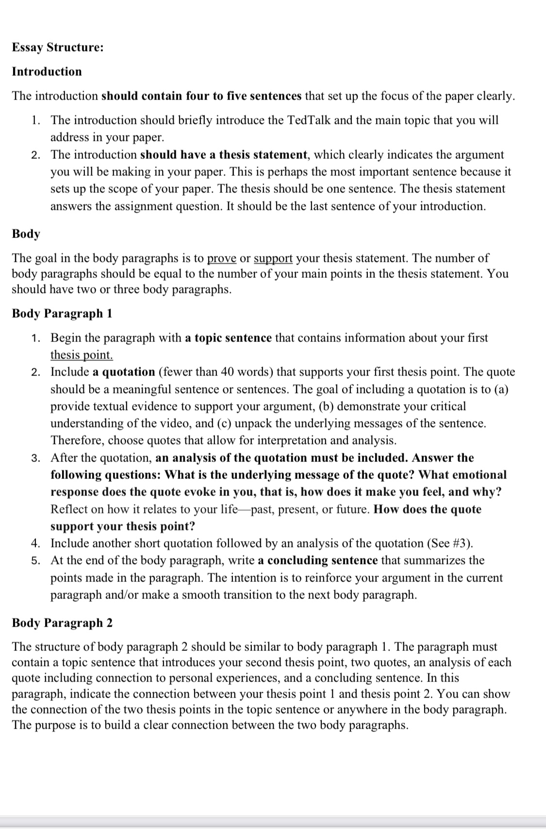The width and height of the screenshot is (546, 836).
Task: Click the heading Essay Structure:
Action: click(57, 48)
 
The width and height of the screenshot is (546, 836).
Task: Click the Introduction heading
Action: click(47, 72)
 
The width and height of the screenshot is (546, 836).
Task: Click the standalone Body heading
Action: click(26, 234)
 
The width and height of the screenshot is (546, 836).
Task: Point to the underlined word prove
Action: click(222, 258)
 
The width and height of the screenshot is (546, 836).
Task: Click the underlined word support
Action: click(273, 258)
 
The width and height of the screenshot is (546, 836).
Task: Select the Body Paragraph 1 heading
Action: click(62, 314)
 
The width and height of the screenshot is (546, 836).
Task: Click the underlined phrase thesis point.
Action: click(82, 355)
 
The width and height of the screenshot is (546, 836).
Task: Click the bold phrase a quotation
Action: click(123, 373)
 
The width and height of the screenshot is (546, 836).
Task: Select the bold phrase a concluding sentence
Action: click(317, 561)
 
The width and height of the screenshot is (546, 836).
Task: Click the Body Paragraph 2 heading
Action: click(62, 623)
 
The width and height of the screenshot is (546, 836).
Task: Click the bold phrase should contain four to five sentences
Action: click(201, 96)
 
